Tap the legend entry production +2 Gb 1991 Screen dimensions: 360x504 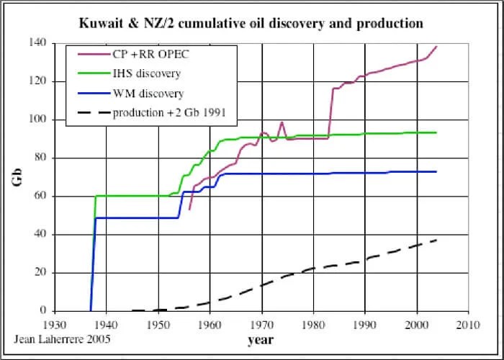[x=166, y=113]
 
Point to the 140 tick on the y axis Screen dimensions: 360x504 [x=37, y=43]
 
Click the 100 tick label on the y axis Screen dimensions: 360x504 [x=37, y=120]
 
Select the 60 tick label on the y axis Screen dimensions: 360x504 [x=40, y=196]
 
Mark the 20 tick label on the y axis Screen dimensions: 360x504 [x=40, y=272]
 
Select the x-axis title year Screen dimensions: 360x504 [x=261, y=339]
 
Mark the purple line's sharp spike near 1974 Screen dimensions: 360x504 [x=282, y=122]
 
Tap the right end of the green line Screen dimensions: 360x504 [x=436, y=132]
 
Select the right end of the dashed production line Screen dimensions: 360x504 [x=436, y=240]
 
